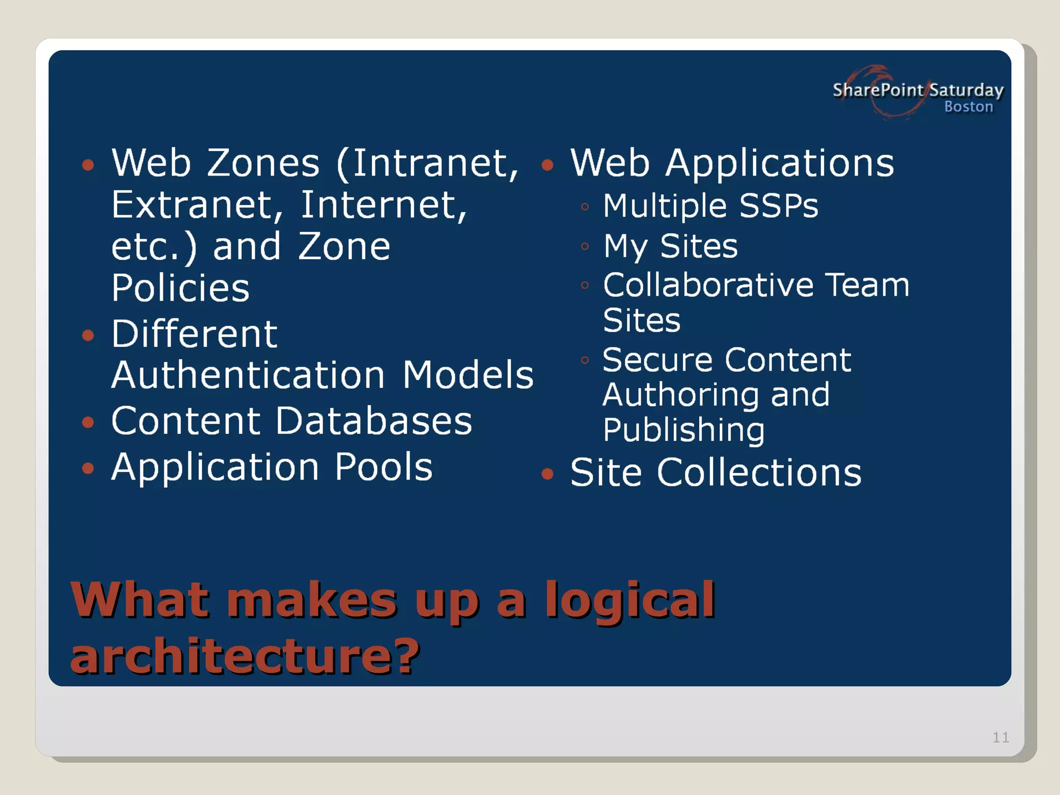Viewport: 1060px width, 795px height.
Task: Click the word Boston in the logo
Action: pyautogui.click(x=968, y=107)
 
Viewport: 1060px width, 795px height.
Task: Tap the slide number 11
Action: pyautogui.click(x=1000, y=737)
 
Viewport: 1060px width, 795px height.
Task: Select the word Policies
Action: pyautogui.click(x=180, y=288)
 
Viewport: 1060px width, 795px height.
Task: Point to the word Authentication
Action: pyautogui.click(x=248, y=375)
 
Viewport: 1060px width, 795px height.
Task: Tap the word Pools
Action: pyautogui.click(x=383, y=467)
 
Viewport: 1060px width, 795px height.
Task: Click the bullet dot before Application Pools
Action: pyautogui.click(x=89, y=468)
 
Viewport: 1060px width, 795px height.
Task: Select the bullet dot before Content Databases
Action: pyautogui.click(x=89, y=422)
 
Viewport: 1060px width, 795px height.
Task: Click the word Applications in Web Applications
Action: pyautogui.click(x=779, y=164)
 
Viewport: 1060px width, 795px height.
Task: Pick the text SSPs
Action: pyautogui.click(x=778, y=206)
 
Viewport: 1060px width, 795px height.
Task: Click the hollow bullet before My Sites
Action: pyautogui.click(x=585, y=246)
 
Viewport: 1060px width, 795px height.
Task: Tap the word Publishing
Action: pyautogui.click(x=683, y=430)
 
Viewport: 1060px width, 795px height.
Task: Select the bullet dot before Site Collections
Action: pyautogui.click(x=547, y=474)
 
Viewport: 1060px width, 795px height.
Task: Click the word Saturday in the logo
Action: pyautogui.click(x=966, y=90)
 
